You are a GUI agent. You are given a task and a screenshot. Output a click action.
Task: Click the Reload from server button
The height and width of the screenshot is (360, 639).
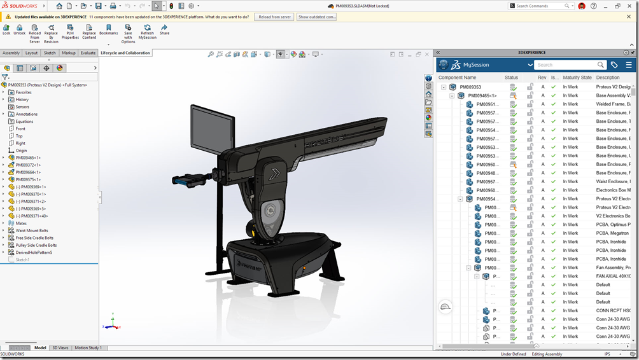[x=274, y=17]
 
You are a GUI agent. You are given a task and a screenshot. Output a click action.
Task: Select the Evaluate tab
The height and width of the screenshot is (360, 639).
[x=88, y=53]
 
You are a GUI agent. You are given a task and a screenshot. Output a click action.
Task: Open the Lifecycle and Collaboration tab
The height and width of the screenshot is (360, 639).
[x=125, y=53]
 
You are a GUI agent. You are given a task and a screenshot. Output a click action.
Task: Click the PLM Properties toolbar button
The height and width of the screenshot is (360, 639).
[x=70, y=32]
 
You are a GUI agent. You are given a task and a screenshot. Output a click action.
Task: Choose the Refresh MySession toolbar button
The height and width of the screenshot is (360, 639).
[x=148, y=32]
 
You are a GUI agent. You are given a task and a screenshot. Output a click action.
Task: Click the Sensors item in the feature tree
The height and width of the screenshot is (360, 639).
[x=22, y=107]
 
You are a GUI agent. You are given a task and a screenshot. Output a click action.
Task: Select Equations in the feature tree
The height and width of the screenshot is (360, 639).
[x=24, y=121]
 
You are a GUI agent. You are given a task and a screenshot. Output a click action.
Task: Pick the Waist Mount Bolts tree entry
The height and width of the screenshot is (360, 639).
[x=32, y=230]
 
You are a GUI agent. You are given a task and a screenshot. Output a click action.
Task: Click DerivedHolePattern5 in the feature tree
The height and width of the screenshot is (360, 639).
[x=34, y=253]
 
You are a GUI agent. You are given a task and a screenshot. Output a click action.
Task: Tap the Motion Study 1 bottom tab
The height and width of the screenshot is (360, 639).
[x=88, y=348]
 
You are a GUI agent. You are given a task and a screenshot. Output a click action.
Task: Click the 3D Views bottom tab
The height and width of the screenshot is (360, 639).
[x=60, y=348]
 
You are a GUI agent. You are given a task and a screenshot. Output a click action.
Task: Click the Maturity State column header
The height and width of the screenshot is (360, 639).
[x=577, y=78]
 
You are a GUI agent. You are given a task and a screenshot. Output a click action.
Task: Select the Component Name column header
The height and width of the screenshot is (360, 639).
[x=457, y=78]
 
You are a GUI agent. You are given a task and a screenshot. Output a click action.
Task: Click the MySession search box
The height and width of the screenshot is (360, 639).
[x=566, y=65]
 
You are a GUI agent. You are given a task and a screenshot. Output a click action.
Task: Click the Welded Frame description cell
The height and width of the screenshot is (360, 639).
[x=613, y=104]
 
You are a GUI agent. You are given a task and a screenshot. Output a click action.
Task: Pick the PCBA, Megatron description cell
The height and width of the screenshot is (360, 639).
[x=613, y=233]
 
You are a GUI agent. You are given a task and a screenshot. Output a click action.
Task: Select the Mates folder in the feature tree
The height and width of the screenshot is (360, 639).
[x=21, y=223]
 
